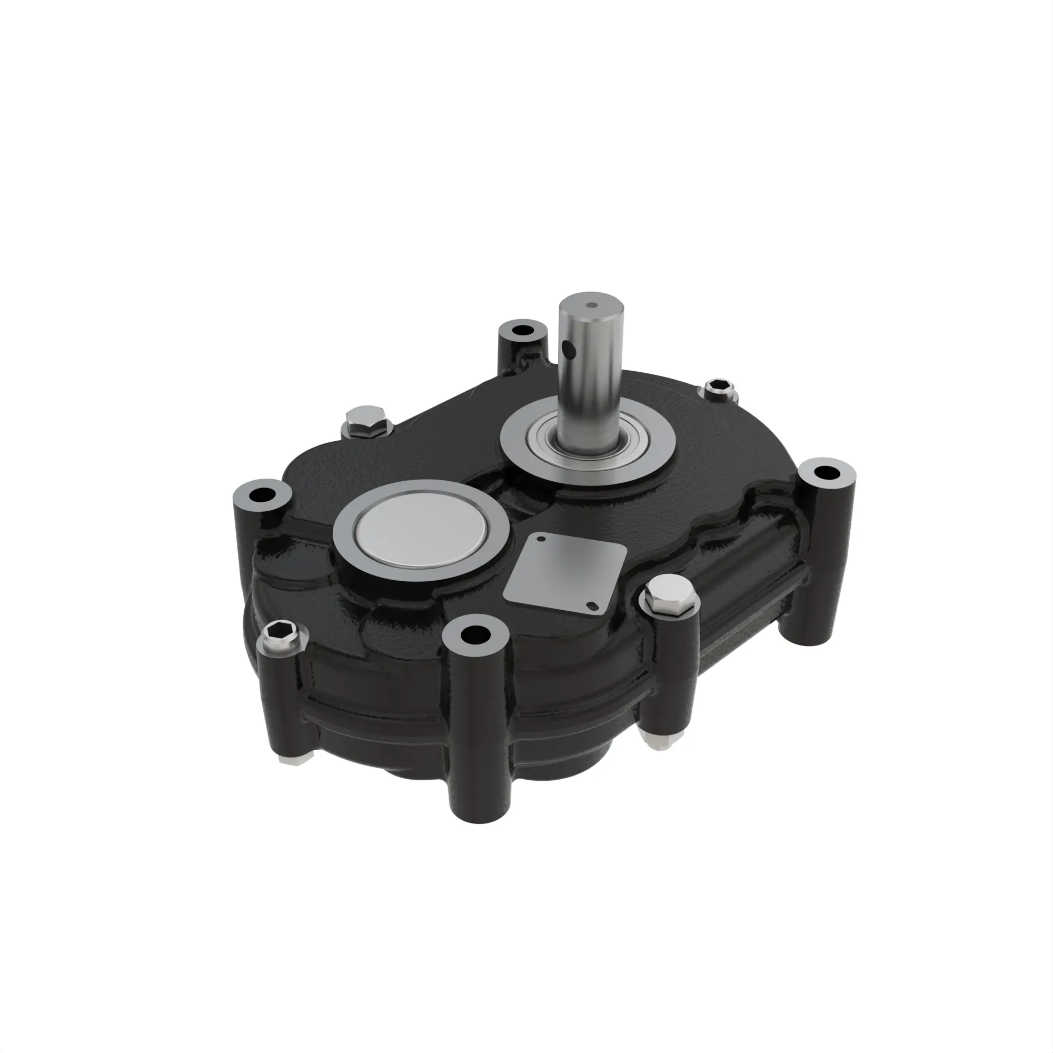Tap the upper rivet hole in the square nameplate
pos(541,539)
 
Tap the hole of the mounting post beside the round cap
pos(263,495)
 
